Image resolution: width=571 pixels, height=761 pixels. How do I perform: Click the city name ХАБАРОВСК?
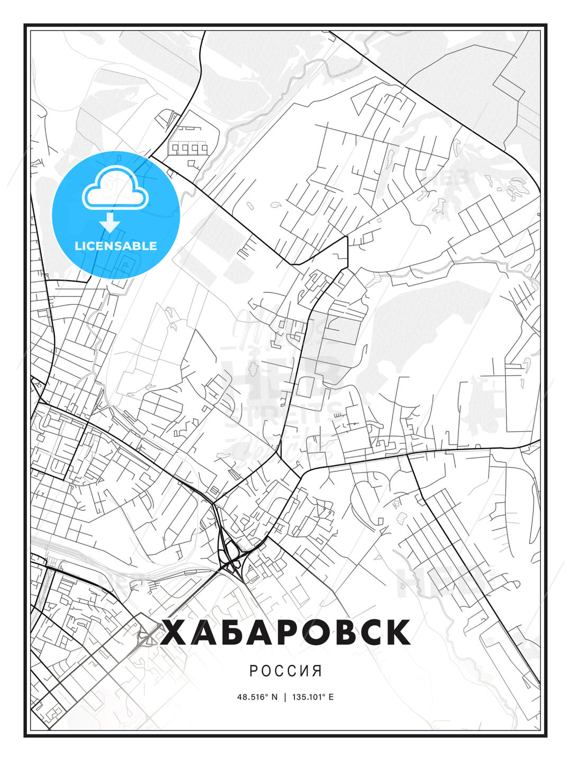[285, 632]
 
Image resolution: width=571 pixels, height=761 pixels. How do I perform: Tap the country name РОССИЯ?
[285, 671]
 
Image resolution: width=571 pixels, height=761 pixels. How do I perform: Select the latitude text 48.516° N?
[257, 697]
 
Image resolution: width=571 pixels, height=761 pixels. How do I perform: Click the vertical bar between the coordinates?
[285, 697]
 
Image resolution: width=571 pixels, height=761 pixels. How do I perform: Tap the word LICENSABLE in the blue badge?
[116, 246]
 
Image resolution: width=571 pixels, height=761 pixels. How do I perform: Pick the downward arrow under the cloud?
[110, 222]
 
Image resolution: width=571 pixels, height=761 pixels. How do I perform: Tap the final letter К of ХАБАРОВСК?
[397, 632]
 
